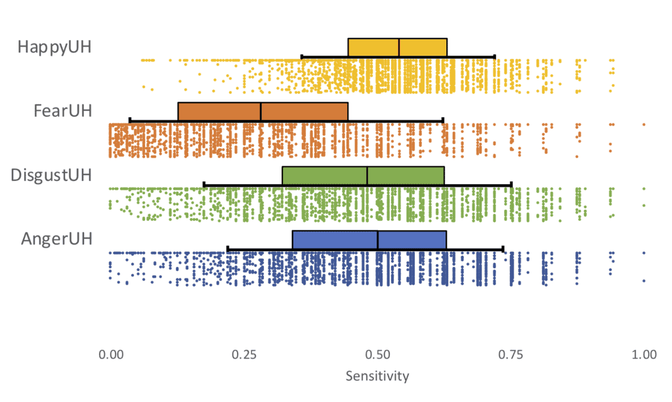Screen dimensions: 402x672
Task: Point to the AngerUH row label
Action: [x=57, y=239]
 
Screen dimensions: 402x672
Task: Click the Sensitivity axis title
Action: [x=377, y=376]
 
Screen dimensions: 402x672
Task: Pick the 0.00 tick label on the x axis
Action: [x=110, y=355]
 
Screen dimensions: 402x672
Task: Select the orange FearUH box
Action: [x=220, y=111]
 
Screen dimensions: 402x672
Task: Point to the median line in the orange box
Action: [x=261, y=111]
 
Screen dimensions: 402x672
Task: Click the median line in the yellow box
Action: [x=399, y=48]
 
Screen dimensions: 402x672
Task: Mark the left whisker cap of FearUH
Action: [x=130, y=120]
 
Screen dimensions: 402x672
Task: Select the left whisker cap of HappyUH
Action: [x=301, y=56]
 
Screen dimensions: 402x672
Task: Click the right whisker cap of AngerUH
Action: [x=503, y=249]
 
